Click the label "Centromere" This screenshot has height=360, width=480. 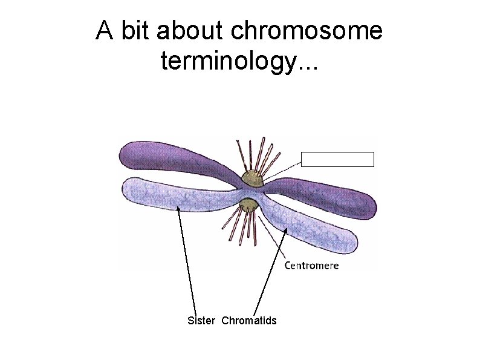click(311, 265)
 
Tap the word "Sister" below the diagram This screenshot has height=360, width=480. click(201, 321)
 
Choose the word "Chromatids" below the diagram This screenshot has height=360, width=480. click(248, 321)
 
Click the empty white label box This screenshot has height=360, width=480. click(337, 159)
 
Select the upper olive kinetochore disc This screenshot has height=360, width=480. click(251, 178)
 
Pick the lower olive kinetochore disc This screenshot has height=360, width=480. click(248, 207)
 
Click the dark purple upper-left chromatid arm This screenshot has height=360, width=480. click(169, 159)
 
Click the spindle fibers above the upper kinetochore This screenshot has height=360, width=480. click(257, 154)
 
